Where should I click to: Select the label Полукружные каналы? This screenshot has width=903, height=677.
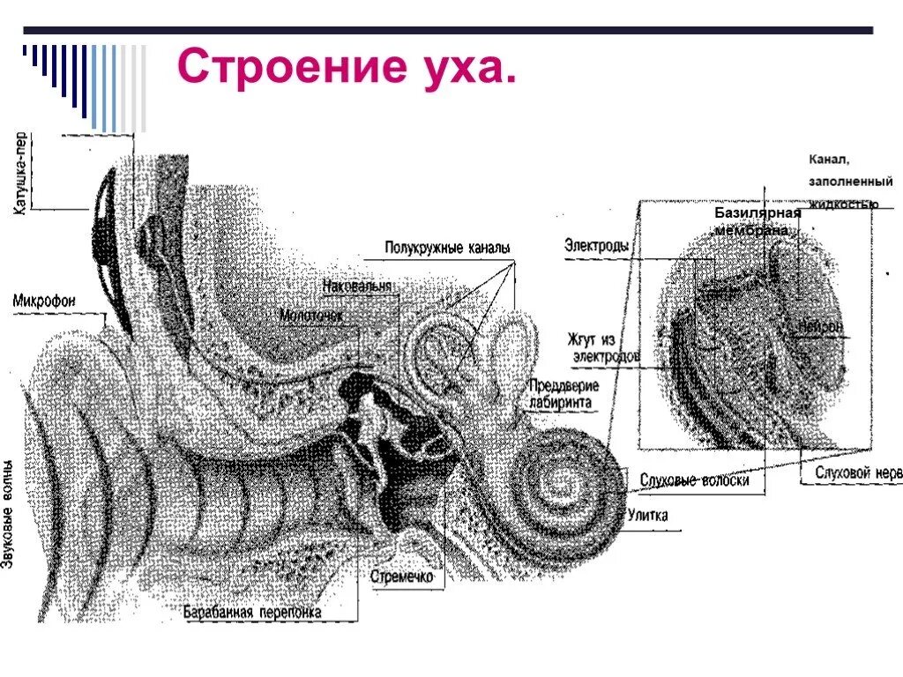pyautogui.click(x=447, y=249)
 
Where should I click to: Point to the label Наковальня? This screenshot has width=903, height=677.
pyautogui.click(x=356, y=286)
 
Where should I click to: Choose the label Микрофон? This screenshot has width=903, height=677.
pyautogui.click(x=44, y=301)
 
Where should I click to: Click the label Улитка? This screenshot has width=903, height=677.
pyautogui.click(x=647, y=515)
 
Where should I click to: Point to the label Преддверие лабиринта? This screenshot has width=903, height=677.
pyautogui.click(x=563, y=395)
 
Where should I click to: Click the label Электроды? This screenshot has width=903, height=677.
pyautogui.click(x=596, y=247)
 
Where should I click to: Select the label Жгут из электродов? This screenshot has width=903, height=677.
pyautogui.click(x=605, y=347)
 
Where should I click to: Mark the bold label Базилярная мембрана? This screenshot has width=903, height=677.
pyautogui.click(x=757, y=220)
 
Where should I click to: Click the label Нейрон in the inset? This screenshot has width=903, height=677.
pyautogui.click(x=821, y=327)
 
